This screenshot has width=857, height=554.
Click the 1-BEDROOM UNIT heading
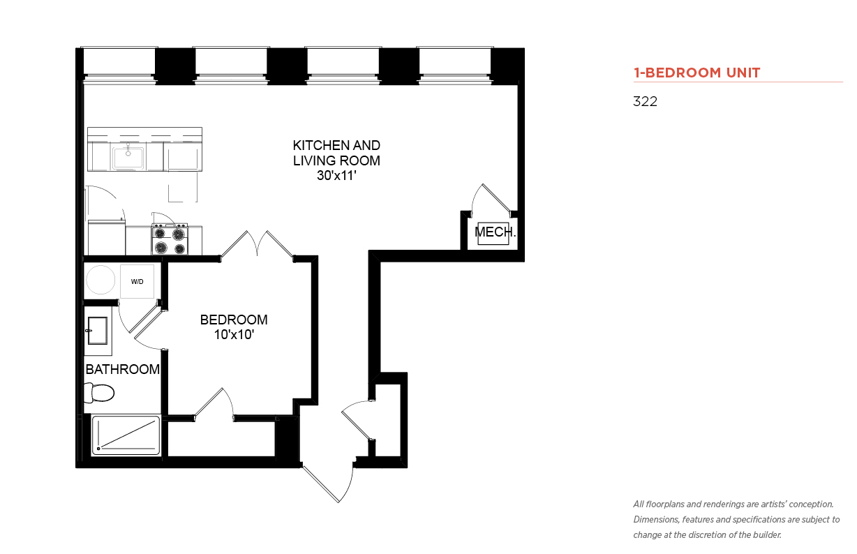(696, 73)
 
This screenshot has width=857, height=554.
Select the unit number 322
(645, 101)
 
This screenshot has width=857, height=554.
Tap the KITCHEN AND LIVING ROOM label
(336, 153)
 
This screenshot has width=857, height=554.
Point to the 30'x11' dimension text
(336, 176)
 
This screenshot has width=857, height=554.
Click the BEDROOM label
(234, 320)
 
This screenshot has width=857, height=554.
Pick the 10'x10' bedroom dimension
(234, 335)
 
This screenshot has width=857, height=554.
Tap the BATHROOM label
(122, 370)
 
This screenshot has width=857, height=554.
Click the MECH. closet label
(495, 232)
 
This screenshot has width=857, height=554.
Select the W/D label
(137, 282)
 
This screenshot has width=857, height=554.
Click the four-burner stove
(170, 240)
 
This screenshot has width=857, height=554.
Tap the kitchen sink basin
(128, 157)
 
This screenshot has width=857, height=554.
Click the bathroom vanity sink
(98, 331)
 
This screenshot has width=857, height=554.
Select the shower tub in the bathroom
(126, 435)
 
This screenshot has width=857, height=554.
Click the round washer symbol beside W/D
(100, 280)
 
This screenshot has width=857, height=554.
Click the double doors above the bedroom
(257, 245)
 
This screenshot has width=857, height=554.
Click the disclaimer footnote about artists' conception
(736, 520)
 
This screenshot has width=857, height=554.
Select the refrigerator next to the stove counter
(106, 237)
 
